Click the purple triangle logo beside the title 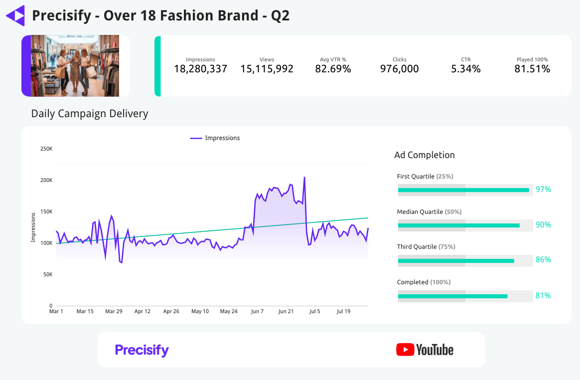pyautogui.click(x=15, y=15)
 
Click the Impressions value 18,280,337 pyautogui.click(x=200, y=69)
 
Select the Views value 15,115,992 pyautogui.click(x=267, y=69)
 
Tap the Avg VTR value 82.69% pyautogui.click(x=333, y=69)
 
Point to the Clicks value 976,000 pyautogui.click(x=399, y=69)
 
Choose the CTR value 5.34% pyautogui.click(x=465, y=69)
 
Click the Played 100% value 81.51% pyautogui.click(x=532, y=69)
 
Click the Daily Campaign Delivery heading pyautogui.click(x=90, y=114)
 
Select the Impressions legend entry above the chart pyautogui.click(x=215, y=138)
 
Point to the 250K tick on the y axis pyautogui.click(x=46, y=149)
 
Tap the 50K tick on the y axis pyautogui.click(x=47, y=274)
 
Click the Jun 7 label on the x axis pyautogui.click(x=257, y=312)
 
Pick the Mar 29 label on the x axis pyautogui.click(x=114, y=312)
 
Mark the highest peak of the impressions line pyautogui.click(x=304, y=177)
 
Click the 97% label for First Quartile pyautogui.click(x=543, y=190)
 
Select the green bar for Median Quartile pyautogui.click(x=458, y=225)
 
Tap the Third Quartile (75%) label pyautogui.click(x=426, y=247)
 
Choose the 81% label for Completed pyautogui.click(x=543, y=296)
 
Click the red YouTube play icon pyautogui.click(x=405, y=350)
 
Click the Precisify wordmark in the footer pyautogui.click(x=142, y=350)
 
